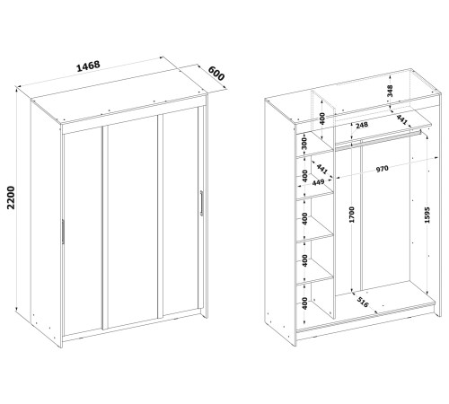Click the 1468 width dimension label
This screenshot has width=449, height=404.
point(88,66)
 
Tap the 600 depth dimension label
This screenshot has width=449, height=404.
point(216,74)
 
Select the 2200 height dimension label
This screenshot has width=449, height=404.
point(11,198)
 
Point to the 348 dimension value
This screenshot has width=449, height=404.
point(390,91)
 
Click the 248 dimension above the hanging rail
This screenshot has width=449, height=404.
point(362,125)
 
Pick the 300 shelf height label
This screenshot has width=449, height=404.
point(304,145)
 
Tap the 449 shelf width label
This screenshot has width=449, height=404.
point(318,182)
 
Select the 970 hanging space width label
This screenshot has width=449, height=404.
point(382,169)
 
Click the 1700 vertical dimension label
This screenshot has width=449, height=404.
point(351,215)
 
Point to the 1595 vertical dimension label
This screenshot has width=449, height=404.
point(427,215)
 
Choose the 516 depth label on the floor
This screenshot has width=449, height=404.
point(363,303)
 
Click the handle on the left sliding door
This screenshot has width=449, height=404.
point(63,232)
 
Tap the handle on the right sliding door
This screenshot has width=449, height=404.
point(201,203)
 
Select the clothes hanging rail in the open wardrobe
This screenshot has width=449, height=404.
point(378,139)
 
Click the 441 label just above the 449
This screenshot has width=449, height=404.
point(321,169)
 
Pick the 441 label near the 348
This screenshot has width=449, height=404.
point(401,119)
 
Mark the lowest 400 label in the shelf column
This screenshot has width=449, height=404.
point(304,303)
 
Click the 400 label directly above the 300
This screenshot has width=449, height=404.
point(321,119)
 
